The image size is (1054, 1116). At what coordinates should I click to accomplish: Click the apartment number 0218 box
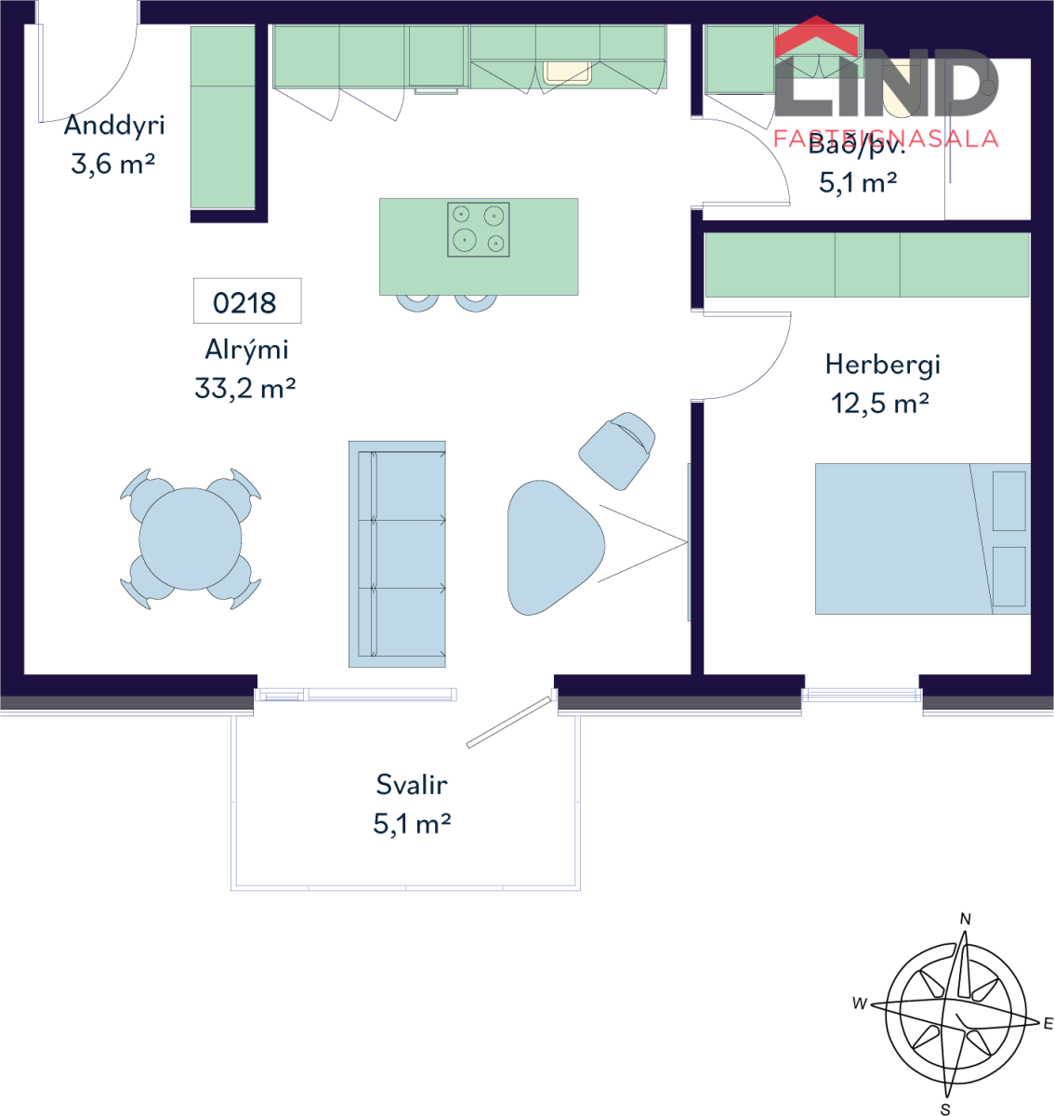click(247, 300)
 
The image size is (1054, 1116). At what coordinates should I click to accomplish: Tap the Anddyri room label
click(114, 125)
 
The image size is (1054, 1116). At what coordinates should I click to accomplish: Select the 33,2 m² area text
click(245, 388)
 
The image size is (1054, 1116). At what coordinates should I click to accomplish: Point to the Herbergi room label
click(883, 365)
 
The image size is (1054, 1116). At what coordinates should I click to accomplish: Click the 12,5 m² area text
click(880, 403)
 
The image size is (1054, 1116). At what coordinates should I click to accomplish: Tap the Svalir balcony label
click(412, 785)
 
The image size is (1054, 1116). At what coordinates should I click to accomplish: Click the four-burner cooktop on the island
click(478, 230)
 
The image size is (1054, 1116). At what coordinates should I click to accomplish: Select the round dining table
click(191, 538)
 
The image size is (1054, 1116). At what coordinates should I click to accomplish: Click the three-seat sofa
click(397, 554)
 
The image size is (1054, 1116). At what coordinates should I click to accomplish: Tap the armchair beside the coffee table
click(617, 451)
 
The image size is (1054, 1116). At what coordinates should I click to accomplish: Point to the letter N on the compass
click(965, 919)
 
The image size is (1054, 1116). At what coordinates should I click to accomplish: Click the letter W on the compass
click(860, 1003)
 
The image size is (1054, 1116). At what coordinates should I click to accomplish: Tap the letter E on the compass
click(1047, 1023)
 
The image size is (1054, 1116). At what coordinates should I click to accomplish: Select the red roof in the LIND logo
click(816, 36)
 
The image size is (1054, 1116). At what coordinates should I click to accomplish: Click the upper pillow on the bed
click(1009, 501)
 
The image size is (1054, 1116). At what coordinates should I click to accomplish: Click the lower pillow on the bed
click(1009, 577)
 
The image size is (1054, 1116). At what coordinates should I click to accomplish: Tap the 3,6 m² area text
click(112, 164)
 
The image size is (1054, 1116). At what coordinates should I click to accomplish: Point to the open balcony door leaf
click(509, 723)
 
